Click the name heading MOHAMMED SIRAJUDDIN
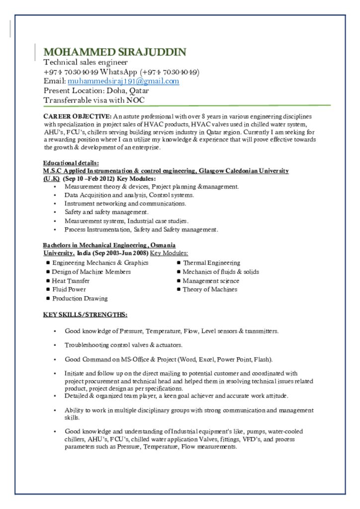[x=115, y=52]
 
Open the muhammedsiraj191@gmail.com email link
[x=123, y=81]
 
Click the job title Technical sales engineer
[x=86, y=62]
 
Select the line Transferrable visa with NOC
[x=94, y=100]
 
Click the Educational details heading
[x=71, y=163]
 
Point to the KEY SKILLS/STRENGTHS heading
[x=85, y=315]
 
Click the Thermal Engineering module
[x=211, y=262]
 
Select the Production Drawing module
[x=80, y=298]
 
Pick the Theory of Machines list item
[x=210, y=289]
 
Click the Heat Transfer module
[x=71, y=280]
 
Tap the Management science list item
[x=211, y=280]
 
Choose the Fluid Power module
[x=69, y=289]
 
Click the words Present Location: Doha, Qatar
[x=96, y=90]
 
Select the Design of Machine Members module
[x=91, y=271]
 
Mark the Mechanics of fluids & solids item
[x=221, y=271]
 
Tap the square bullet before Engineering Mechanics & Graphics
[x=48, y=262]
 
